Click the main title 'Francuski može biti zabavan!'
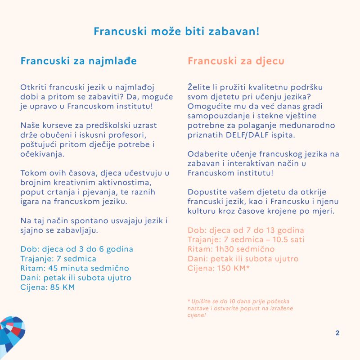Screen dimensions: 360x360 pos(176,31)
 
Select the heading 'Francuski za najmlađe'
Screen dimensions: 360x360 pos(79,61)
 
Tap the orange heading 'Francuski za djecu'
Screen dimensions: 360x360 pos(236,61)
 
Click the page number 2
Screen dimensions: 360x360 pos(337,333)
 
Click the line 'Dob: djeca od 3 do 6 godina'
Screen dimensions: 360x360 pos(77,249)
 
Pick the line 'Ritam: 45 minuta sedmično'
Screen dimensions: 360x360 pos(75,268)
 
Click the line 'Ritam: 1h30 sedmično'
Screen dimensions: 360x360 pos(231,249)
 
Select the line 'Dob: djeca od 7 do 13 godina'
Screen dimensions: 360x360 pos(246,230)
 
